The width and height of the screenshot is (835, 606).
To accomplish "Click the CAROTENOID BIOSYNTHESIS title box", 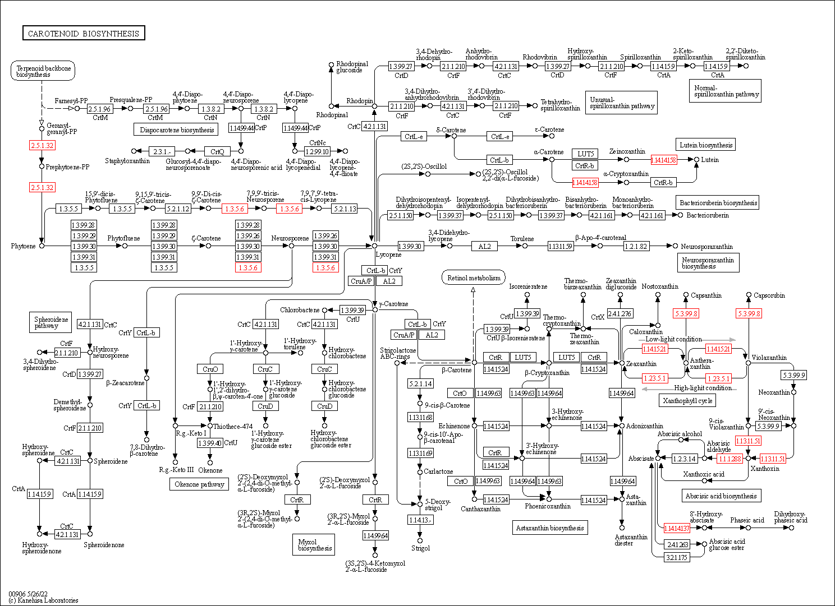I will pyautogui.click(x=84, y=33).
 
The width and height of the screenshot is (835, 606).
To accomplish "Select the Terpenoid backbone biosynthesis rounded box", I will pyautogui.click(x=43, y=71).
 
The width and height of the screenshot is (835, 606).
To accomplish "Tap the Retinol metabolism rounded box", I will pyautogui.click(x=474, y=277).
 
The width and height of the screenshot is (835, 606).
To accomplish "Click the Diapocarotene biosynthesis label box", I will pyautogui.click(x=177, y=129).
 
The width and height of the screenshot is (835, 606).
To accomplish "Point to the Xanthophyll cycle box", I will pyautogui.click(x=687, y=400).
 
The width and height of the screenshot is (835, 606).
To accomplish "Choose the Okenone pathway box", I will pyautogui.click(x=199, y=484).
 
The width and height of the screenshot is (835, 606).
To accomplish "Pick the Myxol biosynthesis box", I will pyautogui.click(x=314, y=545).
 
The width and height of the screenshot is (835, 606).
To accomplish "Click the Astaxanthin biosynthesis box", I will pyautogui.click(x=550, y=528).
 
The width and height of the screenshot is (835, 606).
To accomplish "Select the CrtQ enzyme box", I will pyautogui.click(x=217, y=151).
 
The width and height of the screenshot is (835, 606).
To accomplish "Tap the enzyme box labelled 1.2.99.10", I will pyautogui.click(x=317, y=151).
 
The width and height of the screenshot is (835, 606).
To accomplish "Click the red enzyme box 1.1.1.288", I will pyautogui.click(x=730, y=459).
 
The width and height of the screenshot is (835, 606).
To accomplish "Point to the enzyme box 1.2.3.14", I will pyautogui.click(x=684, y=459).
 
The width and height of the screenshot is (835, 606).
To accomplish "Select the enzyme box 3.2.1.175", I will pyautogui.click(x=677, y=557).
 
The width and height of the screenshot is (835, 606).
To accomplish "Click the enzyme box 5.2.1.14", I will pyautogui.click(x=420, y=383).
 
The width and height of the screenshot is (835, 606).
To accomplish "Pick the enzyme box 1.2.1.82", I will pyautogui.click(x=635, y=246).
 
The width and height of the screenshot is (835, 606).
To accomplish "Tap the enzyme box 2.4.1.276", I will pyautogui.click(x=620, y=313).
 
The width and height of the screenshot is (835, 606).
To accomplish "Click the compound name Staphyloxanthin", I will pyautogui.click(x=127, y=161).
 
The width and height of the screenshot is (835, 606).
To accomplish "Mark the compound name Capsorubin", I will pyautogui.click(x=769, y=295).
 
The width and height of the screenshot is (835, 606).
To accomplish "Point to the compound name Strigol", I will pyautogui.click(x=420, y=548).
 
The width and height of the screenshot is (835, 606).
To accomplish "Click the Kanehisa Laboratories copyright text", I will pyautogui.click(x=43, y=600).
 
